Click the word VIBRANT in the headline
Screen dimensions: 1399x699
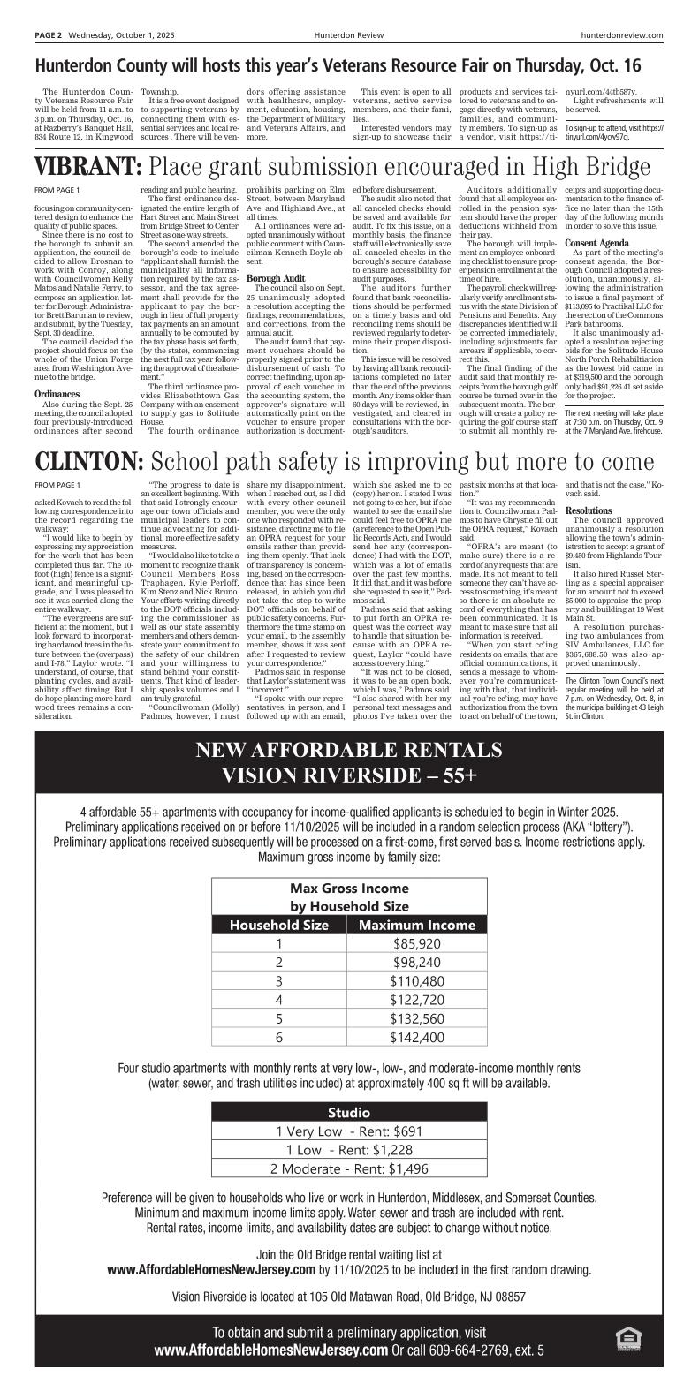pos(87,168)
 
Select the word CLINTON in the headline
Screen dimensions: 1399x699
pos(88,463)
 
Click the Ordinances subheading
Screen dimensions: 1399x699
pos(54,394)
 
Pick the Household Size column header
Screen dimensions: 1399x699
pos(279,925)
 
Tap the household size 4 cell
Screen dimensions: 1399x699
pos(279,999)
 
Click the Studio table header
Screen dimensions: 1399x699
pos(349,1112)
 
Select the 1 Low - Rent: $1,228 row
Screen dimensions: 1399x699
pos(349,1149)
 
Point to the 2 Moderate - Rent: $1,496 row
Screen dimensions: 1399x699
pos(349,1168)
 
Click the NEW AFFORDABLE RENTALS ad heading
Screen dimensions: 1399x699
pos(349,751)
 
